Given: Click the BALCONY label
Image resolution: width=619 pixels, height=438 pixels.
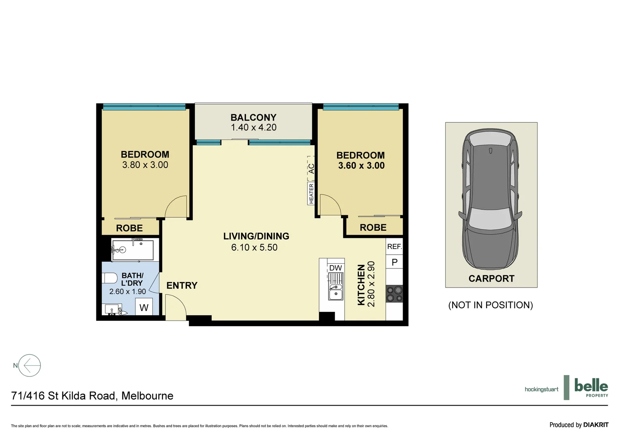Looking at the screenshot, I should [253, 117].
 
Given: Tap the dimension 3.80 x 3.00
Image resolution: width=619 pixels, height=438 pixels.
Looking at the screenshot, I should [145, 165].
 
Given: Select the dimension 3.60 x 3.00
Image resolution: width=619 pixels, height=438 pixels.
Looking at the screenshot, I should [361, 165].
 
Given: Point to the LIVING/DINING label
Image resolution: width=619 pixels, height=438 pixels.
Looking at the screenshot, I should [256, 236].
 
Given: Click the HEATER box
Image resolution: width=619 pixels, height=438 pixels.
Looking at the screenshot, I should [311, 193].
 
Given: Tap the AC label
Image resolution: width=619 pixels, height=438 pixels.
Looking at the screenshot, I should [311, 168].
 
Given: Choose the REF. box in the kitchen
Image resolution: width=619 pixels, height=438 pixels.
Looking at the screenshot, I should [394, 247].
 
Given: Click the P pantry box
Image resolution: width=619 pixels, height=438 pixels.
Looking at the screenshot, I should [394, 262].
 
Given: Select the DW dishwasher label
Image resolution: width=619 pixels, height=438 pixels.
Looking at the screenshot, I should [335, 268].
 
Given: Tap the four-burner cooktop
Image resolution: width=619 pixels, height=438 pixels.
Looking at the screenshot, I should [394, 294].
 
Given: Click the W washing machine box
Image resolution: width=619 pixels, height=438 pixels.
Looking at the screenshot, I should [144, 307].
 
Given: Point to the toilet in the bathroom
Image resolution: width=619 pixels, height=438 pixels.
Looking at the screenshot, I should [109, 279].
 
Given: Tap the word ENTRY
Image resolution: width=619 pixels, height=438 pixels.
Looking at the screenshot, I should [182, 286].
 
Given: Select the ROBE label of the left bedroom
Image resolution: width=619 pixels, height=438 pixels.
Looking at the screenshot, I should [129, 228].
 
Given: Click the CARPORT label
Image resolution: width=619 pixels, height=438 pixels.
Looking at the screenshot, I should [491, 279].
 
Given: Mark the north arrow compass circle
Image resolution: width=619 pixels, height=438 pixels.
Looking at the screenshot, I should [30, 365].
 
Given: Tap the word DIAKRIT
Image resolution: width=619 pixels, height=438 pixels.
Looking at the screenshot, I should [596, 425].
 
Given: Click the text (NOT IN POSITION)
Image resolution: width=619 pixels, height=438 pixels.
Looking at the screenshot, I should [490, 305].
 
